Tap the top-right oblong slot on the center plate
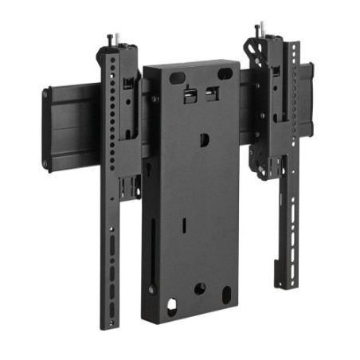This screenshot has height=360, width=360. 226,74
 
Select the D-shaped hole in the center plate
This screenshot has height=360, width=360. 204,139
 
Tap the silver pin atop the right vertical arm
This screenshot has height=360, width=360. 258,30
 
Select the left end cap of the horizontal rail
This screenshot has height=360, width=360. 46,127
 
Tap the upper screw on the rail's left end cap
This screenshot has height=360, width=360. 45,94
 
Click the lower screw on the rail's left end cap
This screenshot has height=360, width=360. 46,163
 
